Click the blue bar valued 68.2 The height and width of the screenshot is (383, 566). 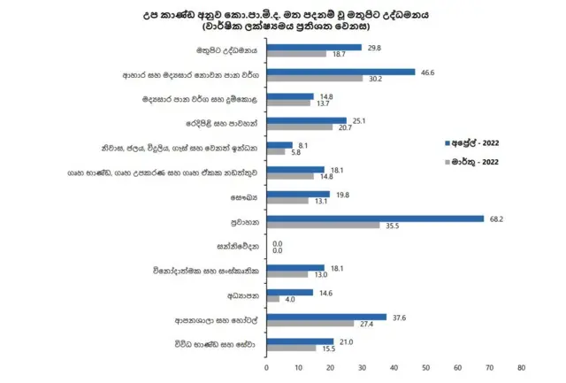pos(375,218)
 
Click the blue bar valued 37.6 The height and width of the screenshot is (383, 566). pos(326,316)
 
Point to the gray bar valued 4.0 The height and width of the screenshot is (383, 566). pos(272,299)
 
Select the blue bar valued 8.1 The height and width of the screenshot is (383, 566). pos(279,145)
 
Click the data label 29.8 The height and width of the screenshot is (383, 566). pos(375,48)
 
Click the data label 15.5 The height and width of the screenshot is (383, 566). pos(330,349)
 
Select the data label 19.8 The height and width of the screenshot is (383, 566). pos(343,194)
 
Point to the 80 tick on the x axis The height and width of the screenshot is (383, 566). pos(521,364)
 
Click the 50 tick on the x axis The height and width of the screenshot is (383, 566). pos(425,364)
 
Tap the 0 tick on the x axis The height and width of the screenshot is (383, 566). pos(266,364)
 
